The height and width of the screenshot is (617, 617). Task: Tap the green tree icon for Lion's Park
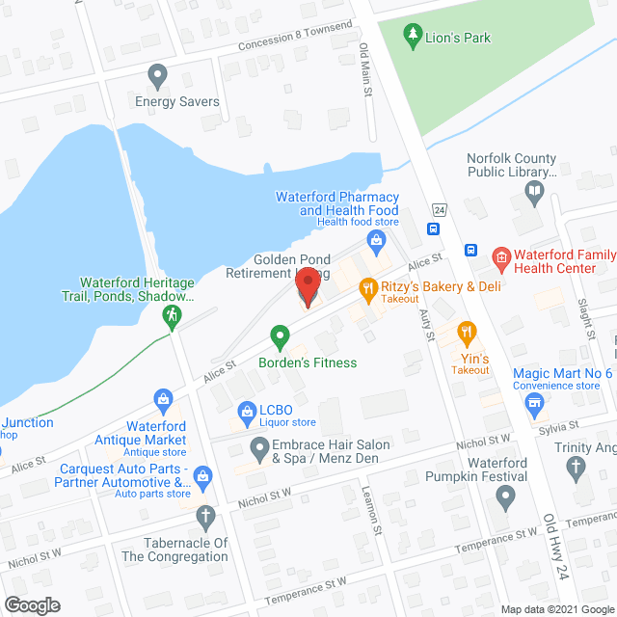point(414,38)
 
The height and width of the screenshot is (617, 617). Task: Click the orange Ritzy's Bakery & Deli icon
point(367,286)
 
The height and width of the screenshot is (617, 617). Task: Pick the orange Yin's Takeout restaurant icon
point(468,334)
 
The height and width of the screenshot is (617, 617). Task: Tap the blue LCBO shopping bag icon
point(246,414)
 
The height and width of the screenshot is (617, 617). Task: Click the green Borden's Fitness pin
point(281,337)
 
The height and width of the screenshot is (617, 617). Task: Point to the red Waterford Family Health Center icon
point(500,256)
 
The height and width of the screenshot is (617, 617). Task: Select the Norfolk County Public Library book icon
point(535,191)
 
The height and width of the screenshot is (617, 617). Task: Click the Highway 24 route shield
point(439,209)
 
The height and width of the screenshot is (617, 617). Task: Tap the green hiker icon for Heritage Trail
point(173,315)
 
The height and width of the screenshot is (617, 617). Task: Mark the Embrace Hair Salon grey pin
point(259,447)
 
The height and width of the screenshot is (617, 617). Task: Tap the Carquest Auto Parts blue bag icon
point(202,474)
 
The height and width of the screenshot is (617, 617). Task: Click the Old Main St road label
point(365,70)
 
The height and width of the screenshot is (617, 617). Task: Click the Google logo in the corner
point(31,605)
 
